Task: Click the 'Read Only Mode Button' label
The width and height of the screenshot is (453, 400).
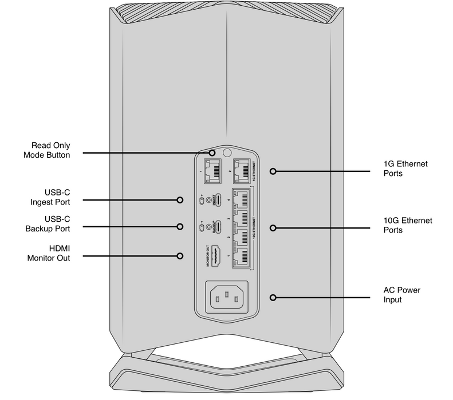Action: pyautogui.click(x=47, y=150)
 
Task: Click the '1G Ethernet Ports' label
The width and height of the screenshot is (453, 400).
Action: pyautogui.click(x=405, y=168)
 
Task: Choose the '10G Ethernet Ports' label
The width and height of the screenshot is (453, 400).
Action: pyautogui.click(x=408, y=225)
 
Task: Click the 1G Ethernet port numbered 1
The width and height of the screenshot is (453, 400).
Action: pyautogui.click(x=213, y=171)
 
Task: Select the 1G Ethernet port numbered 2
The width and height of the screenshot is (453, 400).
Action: pyautogui.click(x=244, y=171)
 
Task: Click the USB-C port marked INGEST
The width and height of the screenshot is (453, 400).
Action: pyautogui.click(x=218, y=201)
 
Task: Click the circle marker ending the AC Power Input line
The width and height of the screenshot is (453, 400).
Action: pyautogui.click(x=273, y=298)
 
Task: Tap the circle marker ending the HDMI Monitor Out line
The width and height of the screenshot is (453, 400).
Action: pyautogui.click(x=180, y=255)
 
